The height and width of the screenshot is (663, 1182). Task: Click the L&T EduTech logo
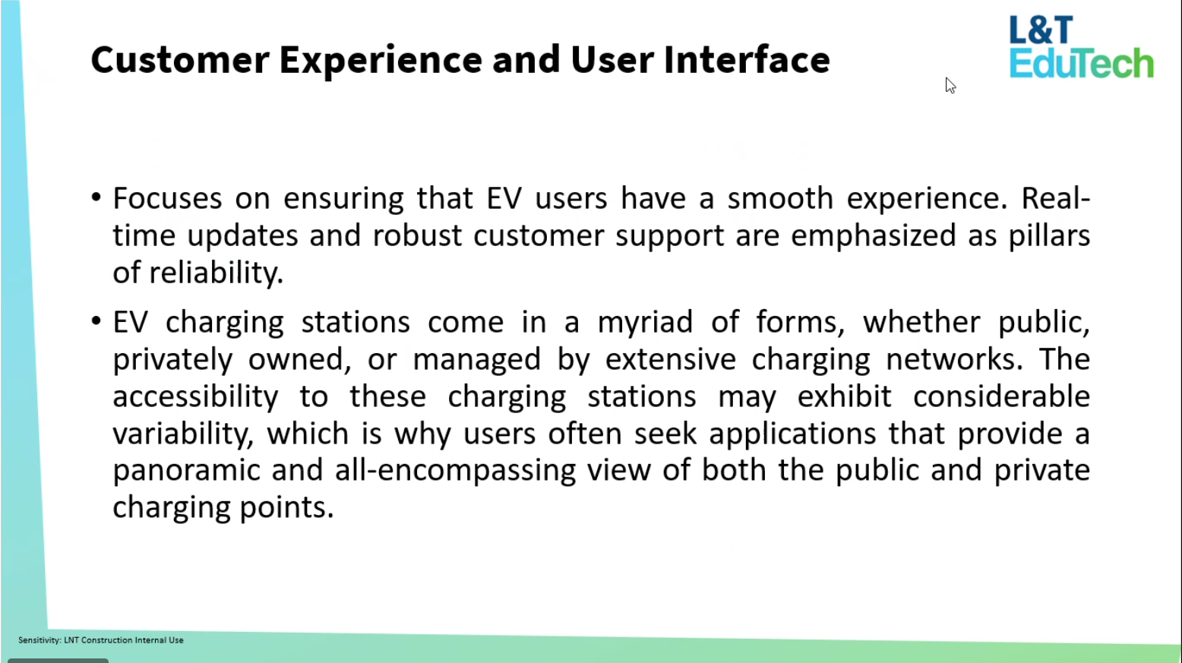1081,47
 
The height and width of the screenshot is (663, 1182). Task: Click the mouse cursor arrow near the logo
950,86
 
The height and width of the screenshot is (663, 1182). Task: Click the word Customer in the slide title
180,59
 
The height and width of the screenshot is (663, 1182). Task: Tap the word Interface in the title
747,59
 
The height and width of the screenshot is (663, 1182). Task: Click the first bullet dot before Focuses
96,197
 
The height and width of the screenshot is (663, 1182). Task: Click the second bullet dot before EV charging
96,320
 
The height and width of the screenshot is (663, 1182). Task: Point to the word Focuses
167,198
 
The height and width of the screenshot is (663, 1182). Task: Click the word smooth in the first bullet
780,198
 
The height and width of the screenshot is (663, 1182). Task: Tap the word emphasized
873,236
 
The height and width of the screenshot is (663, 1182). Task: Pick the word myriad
644,323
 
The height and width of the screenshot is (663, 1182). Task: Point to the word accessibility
195,396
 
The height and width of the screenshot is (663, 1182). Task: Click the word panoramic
186,471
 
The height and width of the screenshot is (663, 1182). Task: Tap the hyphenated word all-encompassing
455,471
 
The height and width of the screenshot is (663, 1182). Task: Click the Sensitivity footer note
101,639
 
